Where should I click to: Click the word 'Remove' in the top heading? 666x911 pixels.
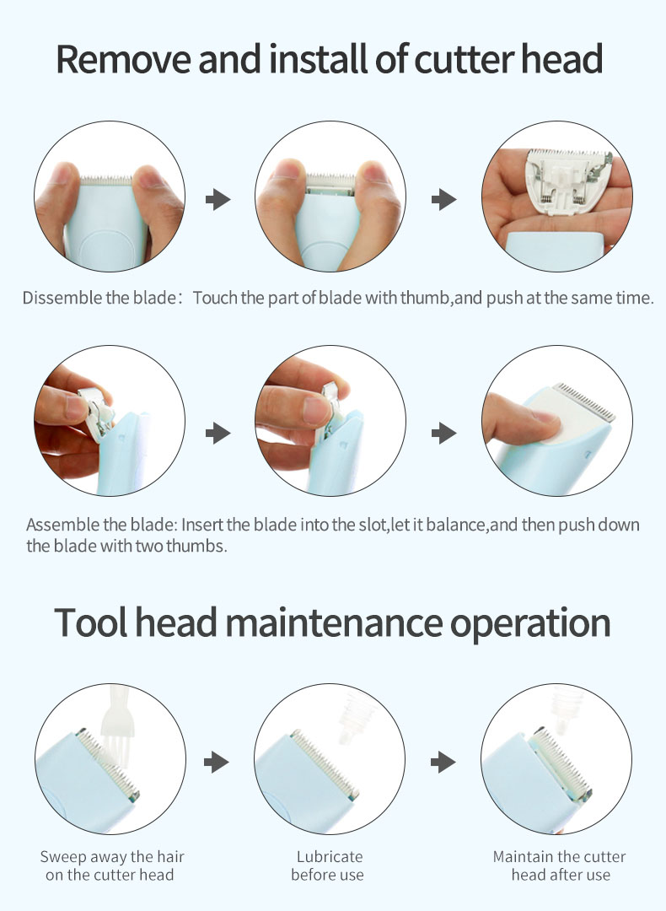[124, 59]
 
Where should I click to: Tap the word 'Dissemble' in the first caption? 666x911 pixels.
[62, 298]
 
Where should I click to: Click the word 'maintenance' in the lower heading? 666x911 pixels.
[334, 623]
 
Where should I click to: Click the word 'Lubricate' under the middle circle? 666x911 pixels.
[330, 856]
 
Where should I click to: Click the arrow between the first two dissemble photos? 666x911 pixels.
[218, 199]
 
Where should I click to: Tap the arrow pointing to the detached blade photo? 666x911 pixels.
[443, 199]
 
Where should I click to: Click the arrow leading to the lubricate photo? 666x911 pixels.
[217, 762]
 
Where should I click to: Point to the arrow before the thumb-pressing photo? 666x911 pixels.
[443, 433]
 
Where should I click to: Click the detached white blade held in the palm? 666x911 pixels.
[567, 181]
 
